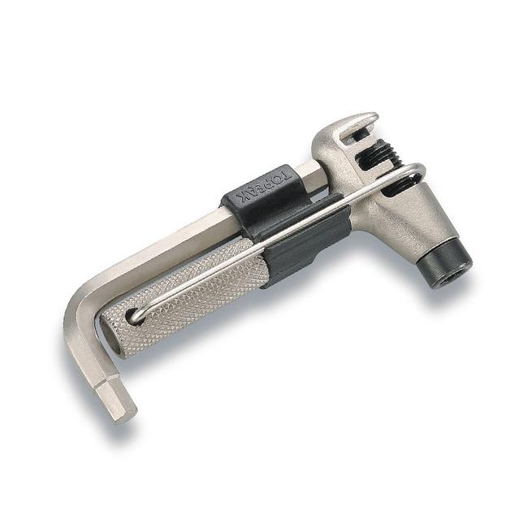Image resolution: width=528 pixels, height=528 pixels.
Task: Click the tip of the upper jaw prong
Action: [x=372, y=116]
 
